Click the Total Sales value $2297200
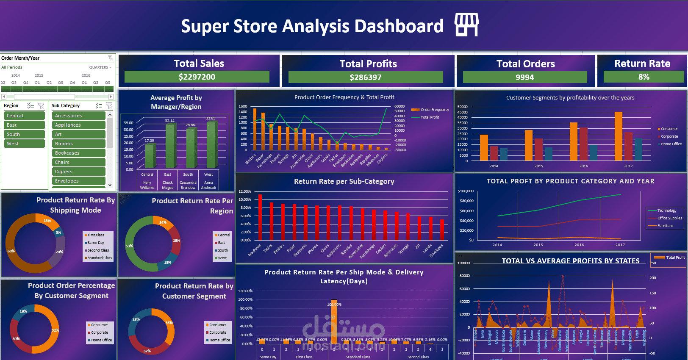[x=197, y=77]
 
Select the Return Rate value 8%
[x=644, y=77]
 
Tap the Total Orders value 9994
[x=524, y=77]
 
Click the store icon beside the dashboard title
[x=466, y=25]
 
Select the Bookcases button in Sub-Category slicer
[x=78, y=153]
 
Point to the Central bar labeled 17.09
[x=150, y=156]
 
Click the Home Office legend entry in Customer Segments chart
[x=671, y=144]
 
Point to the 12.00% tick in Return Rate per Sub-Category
[x=244, y=191]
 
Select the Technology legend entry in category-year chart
[x=666, y=210]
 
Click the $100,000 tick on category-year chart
[x=466, y=191]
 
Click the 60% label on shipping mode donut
[x=11, y=251]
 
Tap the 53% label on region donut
[x=129, y=246]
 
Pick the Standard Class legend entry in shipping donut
[x=100, y=258]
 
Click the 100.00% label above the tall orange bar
[x=334, y=305]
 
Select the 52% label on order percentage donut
[x=55, y=330]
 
